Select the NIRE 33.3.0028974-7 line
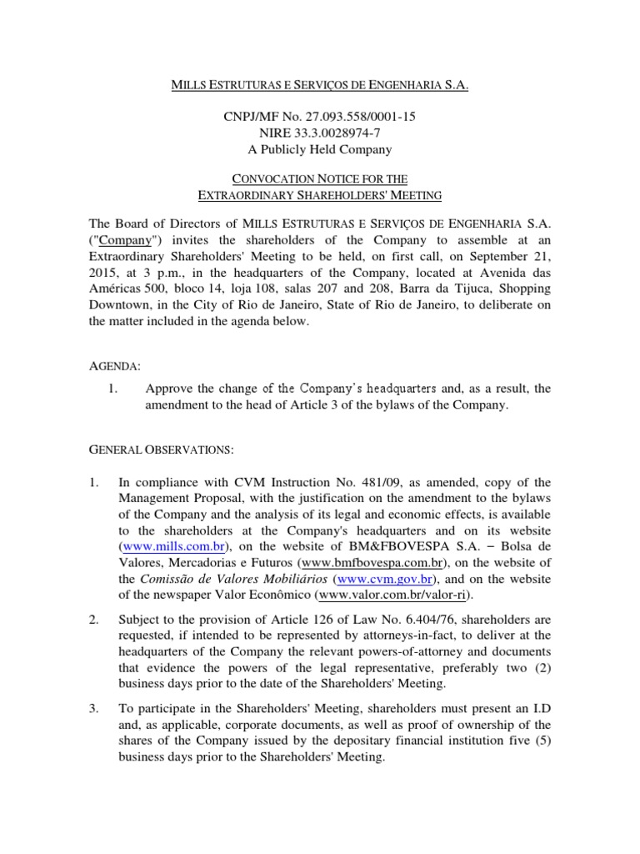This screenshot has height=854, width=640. [x=319, y=133]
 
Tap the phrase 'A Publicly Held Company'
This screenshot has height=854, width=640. [x=319, y=150]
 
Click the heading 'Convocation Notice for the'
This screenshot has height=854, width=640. [x=319, y=178]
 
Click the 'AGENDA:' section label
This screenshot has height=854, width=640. [x=115, y=367]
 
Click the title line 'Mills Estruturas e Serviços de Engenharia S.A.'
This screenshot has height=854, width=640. [x=319, y=85]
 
